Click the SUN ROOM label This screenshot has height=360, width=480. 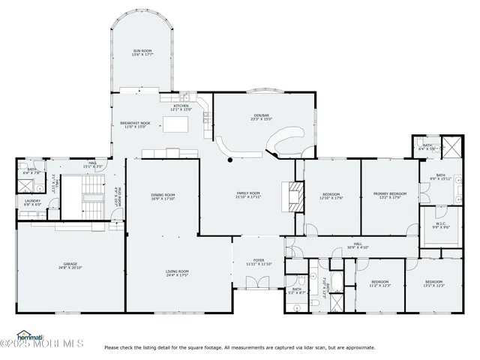click(142, 53)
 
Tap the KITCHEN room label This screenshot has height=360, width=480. click(182, 108)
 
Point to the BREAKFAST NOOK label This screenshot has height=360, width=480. click(136, 124)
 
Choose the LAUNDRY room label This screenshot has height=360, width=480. click(32, 202)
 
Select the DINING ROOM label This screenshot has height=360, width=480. click(163, 197)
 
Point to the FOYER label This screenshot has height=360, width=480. click(259, 262)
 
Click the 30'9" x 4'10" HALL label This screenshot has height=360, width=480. click(358, 245)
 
